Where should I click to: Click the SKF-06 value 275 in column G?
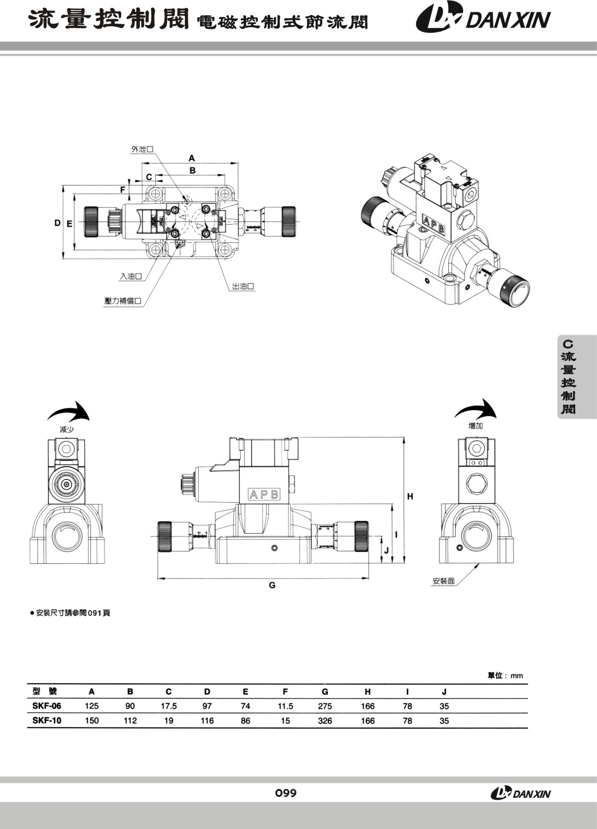click(x=325, y=706)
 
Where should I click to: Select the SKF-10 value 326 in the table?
click(x=325, y=721)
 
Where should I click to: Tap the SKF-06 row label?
click(x=47, y=706)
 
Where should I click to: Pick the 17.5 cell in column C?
click(x=169, y=706)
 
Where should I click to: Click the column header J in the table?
click(x=444, y=692)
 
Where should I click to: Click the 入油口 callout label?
click(x=131, y=276)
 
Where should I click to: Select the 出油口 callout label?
click(x=243, y=286)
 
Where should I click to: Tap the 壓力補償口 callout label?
click(x=123, y=301)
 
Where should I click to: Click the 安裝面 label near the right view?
click(x=443, y=581)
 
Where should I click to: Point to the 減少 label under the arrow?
click(x=67, y=430)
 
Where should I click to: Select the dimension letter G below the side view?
click(x=272, y=586)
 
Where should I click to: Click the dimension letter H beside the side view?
click(x=410, y=497)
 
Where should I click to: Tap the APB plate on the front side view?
click(x=264, y=494)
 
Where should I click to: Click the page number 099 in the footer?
click(x=286, y=793)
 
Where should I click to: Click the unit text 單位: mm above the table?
click(x=505, y=675)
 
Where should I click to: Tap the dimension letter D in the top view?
click(x=57, y=223)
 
